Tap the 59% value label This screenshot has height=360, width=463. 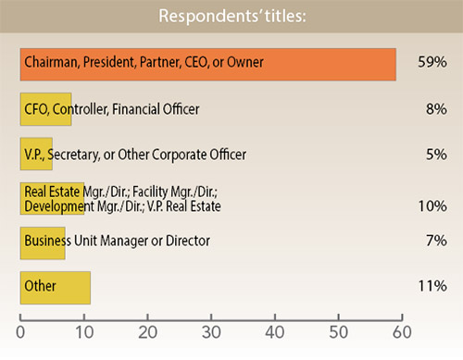click(432, 63)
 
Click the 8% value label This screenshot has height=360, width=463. click(436, 109)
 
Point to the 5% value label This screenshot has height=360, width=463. click(436, 154)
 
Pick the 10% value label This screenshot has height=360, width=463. click(432, 205)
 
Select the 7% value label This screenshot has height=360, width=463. click(436, 242)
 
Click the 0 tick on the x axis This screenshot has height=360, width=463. click(20, 330)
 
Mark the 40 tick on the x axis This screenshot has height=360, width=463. click(275, 330)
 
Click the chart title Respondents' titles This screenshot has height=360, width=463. click(231, 17)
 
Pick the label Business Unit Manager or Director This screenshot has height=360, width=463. click(118, 242)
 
